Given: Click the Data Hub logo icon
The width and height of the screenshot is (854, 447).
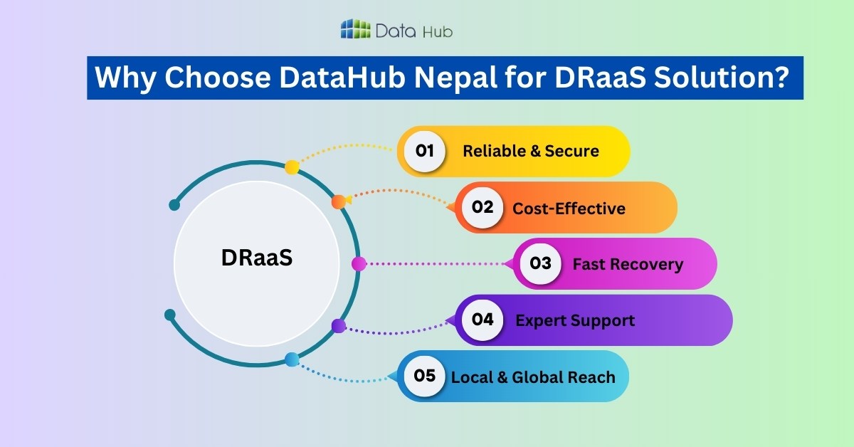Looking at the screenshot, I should pyautogui.click(x=356, y=29).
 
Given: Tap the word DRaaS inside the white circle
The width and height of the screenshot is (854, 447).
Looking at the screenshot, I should pyautogui.click(x=257, y=258).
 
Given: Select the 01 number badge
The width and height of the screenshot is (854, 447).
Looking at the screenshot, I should pyautogui.click(x=425, y=151).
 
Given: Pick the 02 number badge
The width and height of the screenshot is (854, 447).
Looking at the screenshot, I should pyautogui.click(x=483, y=207).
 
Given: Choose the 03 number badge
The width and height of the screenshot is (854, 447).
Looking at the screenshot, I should pyautogui.click(x=541, y=263).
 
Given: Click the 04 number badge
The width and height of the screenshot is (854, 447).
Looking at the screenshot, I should pyautogui.click(x=483, y=320).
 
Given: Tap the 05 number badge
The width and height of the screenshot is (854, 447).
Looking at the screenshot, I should pyautogui.click(x=425, y=375).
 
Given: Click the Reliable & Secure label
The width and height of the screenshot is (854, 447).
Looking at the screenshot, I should pyautogui.click(x=531, y=151).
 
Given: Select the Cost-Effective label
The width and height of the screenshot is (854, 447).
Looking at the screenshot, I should pyautogui.click(x=569, y=208).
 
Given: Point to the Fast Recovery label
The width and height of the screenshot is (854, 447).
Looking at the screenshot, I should pyautogui.click(x=628, y=264).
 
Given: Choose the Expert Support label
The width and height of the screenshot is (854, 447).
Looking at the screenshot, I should pyautogui.click(x=575, y=320).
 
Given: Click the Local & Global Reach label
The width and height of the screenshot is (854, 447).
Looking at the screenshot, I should pyautogui.click(x=533, y=377).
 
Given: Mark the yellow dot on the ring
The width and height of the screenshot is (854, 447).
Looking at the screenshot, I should pyautogui.click(x=292, y=167).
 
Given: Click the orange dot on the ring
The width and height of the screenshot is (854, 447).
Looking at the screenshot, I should pyautogui.click(x=339, y=201).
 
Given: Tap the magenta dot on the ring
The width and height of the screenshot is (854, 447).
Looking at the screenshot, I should pyautogui.click(x=359, y=264).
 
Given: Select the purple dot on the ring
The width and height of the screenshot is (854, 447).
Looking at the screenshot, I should pyautogui.click(x=339, y=326).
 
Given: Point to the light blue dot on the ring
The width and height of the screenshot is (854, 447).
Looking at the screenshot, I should pyautogui.click(x=292, y=359).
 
